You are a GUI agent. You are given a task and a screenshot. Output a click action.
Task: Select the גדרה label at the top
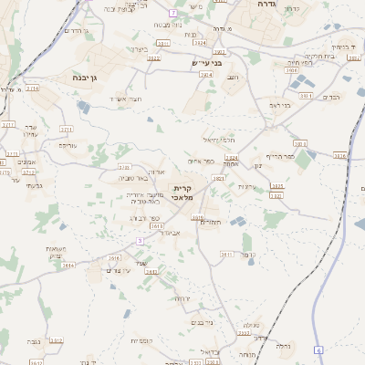(x=266, y=5)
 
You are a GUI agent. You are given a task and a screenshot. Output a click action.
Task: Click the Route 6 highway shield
(x=318, y=349)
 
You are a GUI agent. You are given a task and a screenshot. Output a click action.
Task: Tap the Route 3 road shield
(x=140, y=240)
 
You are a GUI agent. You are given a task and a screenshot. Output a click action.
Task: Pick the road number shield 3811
(x=226, y=255)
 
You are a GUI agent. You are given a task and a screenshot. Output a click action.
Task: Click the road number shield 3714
(x=32, y=89)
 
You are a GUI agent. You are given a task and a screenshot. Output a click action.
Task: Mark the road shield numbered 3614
(x=68, y=265)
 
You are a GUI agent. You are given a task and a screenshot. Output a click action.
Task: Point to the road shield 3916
(x=339, y=155)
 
